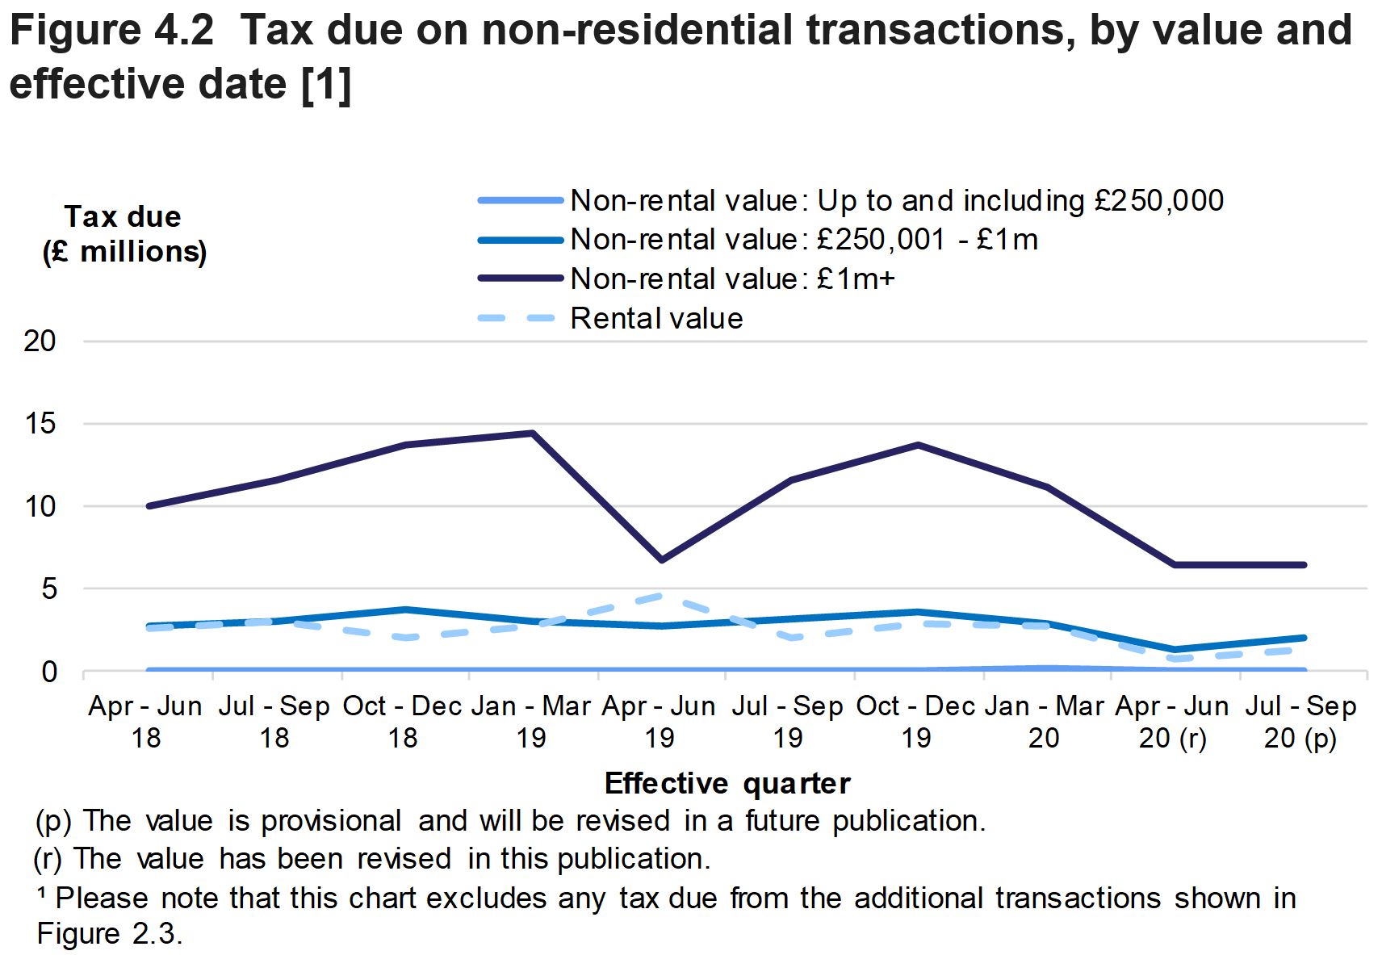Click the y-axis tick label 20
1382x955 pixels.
[40, 341]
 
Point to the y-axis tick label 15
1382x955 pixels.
[40, 424]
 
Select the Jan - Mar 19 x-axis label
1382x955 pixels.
[530, 722]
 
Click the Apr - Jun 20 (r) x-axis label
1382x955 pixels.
[1172, 722]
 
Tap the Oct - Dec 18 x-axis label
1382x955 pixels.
[402, 722]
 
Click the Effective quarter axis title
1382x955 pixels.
[727, 784]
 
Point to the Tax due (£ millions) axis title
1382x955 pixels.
[124, 234]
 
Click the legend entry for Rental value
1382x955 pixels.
[655, 319]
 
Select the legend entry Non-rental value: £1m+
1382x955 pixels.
[731, 279]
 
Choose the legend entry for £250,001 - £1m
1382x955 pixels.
[803, 240]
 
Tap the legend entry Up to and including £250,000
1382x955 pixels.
[896, 201]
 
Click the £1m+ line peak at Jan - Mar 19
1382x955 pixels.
[531, 434]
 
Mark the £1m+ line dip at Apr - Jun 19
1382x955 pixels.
[660, 559]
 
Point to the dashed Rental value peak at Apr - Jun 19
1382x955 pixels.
[660, 596]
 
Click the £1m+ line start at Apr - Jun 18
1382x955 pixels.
[149, 506]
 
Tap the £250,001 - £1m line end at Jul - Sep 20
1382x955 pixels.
[1304, 638]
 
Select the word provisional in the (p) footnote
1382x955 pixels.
[331, 821]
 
